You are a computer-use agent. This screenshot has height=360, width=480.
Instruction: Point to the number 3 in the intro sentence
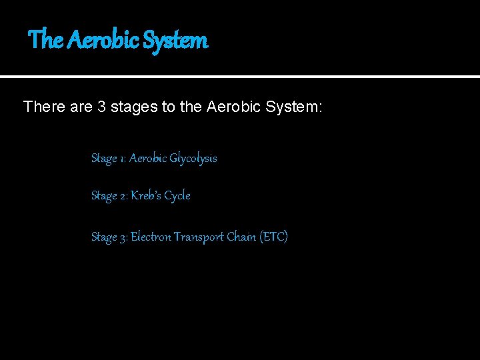[x=102, y=106]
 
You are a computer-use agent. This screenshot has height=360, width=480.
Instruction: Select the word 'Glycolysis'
[x=193, y=159]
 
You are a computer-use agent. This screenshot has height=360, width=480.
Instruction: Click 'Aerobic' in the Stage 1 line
[x=147, y=159]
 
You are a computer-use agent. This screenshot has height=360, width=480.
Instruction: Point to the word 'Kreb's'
[x=146, y=196]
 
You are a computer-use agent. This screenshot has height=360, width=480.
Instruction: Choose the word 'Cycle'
[x=177, y=196]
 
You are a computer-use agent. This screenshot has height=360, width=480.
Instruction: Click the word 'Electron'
[x=151, y=237]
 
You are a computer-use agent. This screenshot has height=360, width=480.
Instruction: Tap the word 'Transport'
[x=199, y=237]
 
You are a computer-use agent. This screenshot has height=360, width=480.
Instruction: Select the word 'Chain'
[x=241, y=237]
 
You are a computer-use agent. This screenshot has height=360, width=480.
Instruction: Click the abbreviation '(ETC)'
[x=274, y=237]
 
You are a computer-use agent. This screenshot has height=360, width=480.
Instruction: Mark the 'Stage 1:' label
[x=108, y=159]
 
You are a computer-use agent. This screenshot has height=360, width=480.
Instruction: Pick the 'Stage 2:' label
[x=109, y=196]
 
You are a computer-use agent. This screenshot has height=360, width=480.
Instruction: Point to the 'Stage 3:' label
[x=109, y=237]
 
